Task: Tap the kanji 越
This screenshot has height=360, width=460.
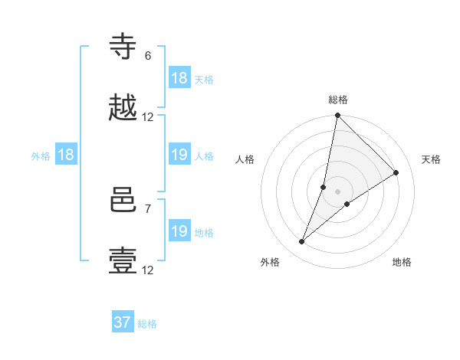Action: [123, 109]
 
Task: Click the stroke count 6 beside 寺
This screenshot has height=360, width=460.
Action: [148, 55]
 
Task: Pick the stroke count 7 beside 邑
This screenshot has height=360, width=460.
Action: [148, 208]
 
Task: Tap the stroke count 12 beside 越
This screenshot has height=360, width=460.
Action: [148, 117]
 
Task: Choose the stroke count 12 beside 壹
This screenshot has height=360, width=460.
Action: [148, 270]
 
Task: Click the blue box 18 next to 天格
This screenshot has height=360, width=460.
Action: [179, 79]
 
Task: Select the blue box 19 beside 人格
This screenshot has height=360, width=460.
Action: [179, 155]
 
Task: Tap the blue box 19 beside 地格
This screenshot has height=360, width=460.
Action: [179, 232]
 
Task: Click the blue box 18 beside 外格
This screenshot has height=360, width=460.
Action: [66, 155]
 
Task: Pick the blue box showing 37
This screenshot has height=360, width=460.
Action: [123, 322]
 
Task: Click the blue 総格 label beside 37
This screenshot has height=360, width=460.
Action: [147, 324]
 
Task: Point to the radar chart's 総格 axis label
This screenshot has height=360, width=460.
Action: [338, 100]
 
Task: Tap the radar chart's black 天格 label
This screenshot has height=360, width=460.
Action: [431, 159]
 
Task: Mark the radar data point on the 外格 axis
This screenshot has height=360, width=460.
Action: [302, 242]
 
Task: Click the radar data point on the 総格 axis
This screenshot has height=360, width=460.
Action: [337, 116]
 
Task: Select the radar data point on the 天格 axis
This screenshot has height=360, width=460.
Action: [396, 172]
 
